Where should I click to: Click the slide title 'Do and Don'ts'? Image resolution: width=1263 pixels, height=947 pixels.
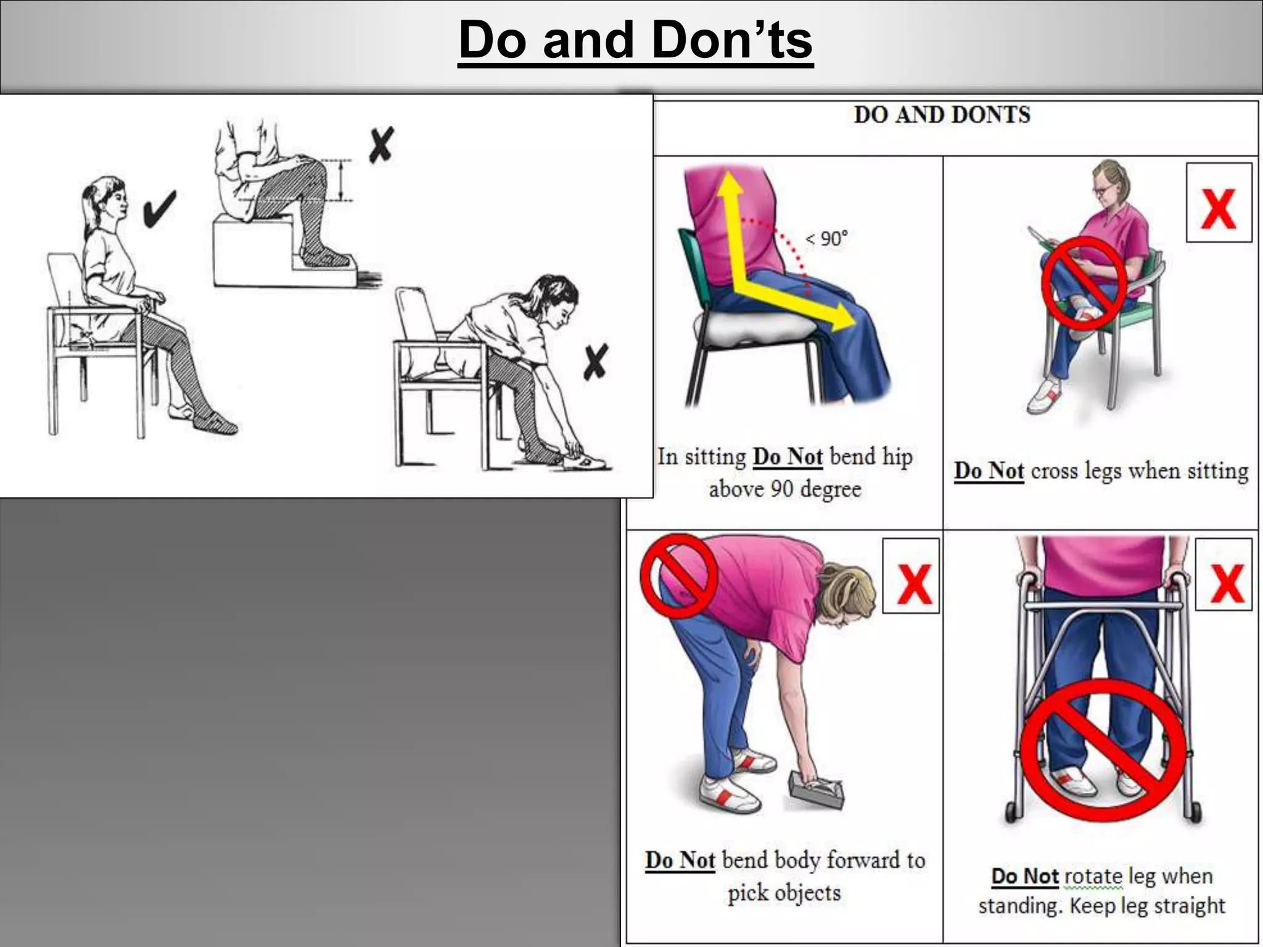click(636, 40)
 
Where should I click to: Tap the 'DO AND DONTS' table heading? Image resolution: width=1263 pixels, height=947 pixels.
click(942, 115)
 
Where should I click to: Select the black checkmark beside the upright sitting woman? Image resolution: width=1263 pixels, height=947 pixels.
click(159, 208)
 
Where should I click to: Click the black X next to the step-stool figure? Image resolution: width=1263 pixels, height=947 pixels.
click(381, 146)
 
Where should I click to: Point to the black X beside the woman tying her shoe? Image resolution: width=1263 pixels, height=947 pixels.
click(596, 361)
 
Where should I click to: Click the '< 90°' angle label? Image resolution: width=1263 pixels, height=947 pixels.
click(827, 239)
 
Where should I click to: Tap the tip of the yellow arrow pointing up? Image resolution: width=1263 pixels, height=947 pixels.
click(730, 176)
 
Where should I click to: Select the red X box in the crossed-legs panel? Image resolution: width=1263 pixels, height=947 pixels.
click(1219, 203)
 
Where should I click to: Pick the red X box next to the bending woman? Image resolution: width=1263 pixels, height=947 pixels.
click(911, 576)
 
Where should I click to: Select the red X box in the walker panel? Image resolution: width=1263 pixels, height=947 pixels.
click(1224, 575)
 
